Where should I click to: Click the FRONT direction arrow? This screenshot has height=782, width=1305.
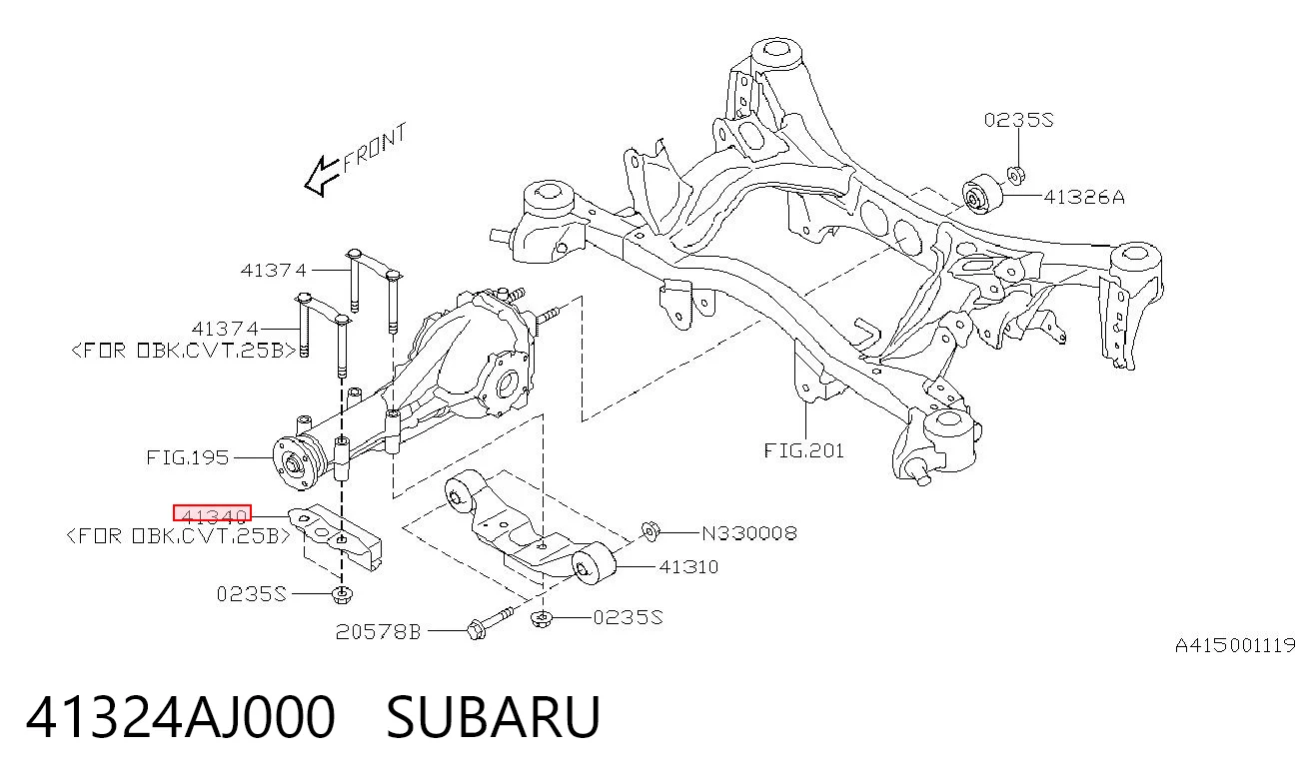322,176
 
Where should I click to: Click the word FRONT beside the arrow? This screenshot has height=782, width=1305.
375,148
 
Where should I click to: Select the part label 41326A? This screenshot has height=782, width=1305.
1084,198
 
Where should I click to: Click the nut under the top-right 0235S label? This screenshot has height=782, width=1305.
1015,175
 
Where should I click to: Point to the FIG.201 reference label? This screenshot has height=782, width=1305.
804,450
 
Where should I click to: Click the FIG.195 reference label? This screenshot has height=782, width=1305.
187,457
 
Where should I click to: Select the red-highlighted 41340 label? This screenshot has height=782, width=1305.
212,513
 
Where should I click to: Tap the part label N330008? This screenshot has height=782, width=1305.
749,533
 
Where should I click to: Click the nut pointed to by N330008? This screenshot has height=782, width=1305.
650,531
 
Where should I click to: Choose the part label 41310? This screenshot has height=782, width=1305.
688,566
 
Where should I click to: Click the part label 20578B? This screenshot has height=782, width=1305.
378,632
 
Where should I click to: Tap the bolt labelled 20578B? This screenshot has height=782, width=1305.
490,621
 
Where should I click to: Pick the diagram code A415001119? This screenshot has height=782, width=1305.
1235,645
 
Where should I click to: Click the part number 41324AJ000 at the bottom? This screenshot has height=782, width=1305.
181,717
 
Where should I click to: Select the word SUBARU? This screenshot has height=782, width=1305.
493,717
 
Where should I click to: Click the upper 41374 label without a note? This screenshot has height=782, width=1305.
273,271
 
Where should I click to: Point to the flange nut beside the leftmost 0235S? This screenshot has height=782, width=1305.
342,594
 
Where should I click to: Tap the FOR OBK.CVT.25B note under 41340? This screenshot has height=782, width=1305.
178,535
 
